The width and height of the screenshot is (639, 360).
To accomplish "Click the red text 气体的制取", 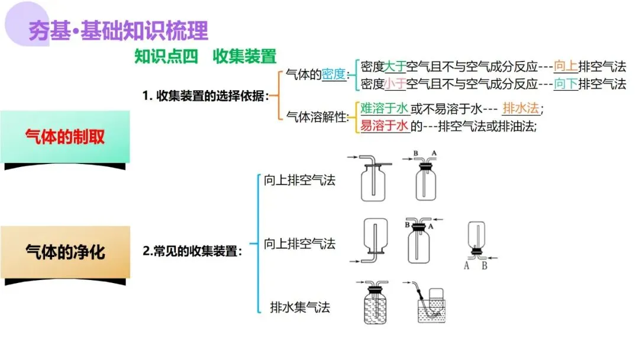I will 65,137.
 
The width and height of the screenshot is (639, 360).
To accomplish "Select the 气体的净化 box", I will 65,252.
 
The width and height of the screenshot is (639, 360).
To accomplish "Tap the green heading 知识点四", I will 166,56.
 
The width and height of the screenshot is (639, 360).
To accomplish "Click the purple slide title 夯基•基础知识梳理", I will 118,30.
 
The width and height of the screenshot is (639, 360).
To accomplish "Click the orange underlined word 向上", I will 565,67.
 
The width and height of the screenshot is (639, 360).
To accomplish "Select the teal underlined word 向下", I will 565,84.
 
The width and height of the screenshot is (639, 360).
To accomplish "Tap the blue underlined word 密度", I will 333,75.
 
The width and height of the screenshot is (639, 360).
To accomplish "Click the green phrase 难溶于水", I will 384,108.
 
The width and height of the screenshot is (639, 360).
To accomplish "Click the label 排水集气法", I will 299,307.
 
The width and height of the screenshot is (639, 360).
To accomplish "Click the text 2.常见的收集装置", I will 192,251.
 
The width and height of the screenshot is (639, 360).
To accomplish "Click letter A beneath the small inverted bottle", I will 467,266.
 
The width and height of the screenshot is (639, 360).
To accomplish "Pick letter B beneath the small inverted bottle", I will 484,266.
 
